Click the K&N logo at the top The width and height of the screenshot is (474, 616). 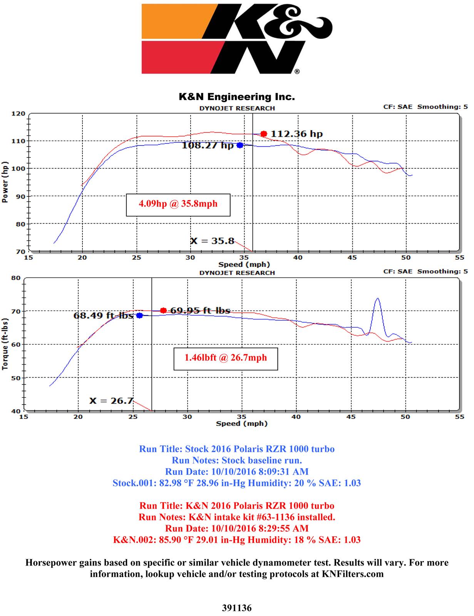pyautogui.click(x=236, y=38)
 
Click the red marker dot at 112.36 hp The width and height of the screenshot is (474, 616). pyautogui.click(x=263, y=134)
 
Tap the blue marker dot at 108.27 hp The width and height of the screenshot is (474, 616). pyautogui.click(x=240, y=145)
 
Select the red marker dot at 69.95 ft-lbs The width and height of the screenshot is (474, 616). pyautogui.click(x=163, y=310)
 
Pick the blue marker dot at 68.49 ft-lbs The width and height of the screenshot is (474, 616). pyautogui.click(x=139, y=315)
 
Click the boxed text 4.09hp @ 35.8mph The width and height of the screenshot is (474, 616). pyautogui.click(x=178, y=204)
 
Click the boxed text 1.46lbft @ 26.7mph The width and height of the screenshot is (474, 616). pyautogui.click(x=226, y=358)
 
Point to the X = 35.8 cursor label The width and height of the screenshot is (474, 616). pyautogui.click(x=212, y=241)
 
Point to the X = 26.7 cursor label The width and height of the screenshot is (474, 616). pyautogui.click(x=111, y=401)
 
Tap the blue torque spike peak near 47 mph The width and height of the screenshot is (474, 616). pyautogui.click(x=378, y=298)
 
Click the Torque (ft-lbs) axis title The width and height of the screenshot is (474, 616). pyautogui.click(x=5, y=345)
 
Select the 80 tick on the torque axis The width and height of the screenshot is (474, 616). pyautogui.click(x=16, y=278)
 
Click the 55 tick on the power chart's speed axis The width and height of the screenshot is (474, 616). pyautogui.click(x=459, y=258)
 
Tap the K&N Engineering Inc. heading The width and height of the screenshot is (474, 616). pyautogui.click(x=236, y=97)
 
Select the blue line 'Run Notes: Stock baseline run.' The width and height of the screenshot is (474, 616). pyautogui.click(x=236, y=460)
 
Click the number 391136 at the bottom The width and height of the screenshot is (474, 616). pyautogui.click(x=236, y=608)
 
